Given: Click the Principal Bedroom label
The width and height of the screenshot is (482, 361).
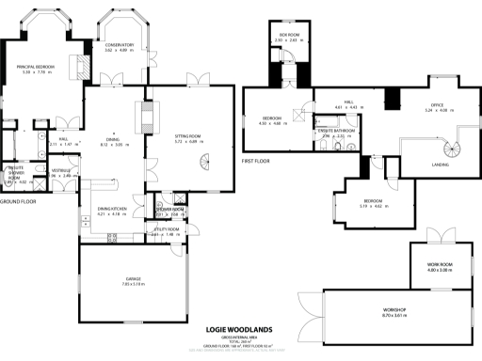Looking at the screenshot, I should [35, 67].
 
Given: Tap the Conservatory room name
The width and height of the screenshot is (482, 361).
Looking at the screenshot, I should [120, 44].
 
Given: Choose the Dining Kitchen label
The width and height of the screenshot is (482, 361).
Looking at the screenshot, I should [112, 208].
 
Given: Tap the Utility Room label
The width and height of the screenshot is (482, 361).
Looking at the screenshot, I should [164, 229].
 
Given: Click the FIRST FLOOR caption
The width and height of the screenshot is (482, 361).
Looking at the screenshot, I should [256, 161].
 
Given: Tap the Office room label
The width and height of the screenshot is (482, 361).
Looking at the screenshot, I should [437, 104].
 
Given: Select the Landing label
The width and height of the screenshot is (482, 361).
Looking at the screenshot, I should [413, 165].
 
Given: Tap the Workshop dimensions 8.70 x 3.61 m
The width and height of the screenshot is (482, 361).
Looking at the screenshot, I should [394, 314].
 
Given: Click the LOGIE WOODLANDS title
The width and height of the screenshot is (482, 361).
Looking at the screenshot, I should [240, 330].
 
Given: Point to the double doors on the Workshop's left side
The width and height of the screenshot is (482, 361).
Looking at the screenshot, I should [303, 309].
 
